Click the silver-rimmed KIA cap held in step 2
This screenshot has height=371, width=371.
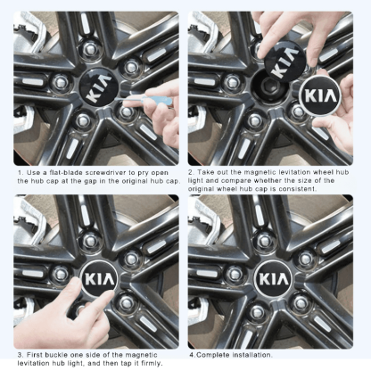click(319, 95)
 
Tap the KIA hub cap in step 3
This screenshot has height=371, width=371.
click(100, 279)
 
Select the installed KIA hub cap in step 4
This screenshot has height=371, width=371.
click(274, 279)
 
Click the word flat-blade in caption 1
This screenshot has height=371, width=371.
click(66, 173)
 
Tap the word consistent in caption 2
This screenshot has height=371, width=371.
click(299, 189)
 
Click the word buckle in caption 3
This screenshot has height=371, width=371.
click(56, 355)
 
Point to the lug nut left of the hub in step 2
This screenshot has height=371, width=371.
click(234, 81)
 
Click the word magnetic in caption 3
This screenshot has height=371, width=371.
click(141, 355)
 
